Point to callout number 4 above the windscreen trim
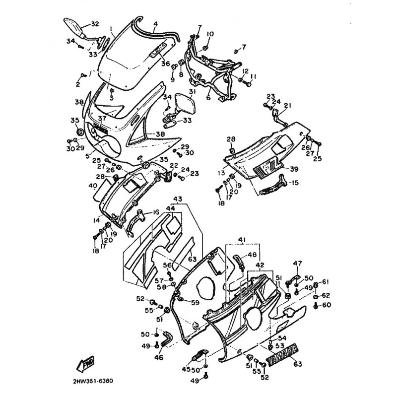(155, 23)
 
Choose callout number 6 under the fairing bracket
(208, 98)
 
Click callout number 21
(288, 105)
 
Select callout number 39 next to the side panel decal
(294, 169)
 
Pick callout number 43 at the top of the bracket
(178, 199)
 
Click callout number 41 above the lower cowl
(242, 240)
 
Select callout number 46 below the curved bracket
(158, 357)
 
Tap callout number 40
(93, 186)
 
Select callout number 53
(279, 346)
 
